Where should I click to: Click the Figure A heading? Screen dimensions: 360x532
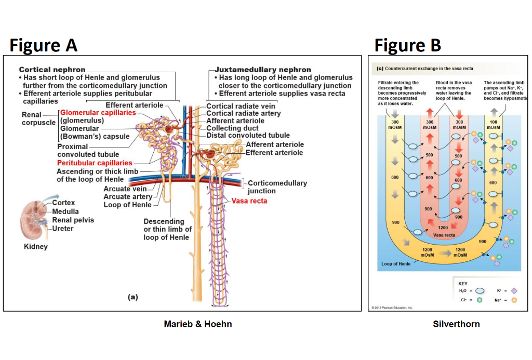pos(44,45)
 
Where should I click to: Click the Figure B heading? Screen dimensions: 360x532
pos(408,45)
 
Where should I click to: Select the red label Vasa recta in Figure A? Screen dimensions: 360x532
pos(249,201)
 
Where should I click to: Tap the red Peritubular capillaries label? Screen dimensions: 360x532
pos(95,163)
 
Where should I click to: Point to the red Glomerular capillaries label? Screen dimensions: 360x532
pos(98,113)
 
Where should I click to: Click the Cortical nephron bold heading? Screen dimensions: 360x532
pos(52,70)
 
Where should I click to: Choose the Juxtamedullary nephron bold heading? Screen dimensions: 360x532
pos(263,70)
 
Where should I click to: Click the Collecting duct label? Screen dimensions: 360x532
pos(232,128)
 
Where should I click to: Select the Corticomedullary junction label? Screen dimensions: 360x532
pos(277,187)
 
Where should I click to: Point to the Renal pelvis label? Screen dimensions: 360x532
pos(73,220)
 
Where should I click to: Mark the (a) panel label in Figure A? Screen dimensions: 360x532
pos(134,297)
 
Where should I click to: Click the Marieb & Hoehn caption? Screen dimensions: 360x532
pos(197,324)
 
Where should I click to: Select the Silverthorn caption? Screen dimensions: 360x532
pos(456,324)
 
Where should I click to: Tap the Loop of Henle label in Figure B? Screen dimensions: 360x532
pos(395,264)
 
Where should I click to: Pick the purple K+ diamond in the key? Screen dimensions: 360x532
pos(514,291)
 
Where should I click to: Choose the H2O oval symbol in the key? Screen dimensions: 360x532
pos(480,291)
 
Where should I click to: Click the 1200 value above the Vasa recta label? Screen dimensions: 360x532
pos(443,228)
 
